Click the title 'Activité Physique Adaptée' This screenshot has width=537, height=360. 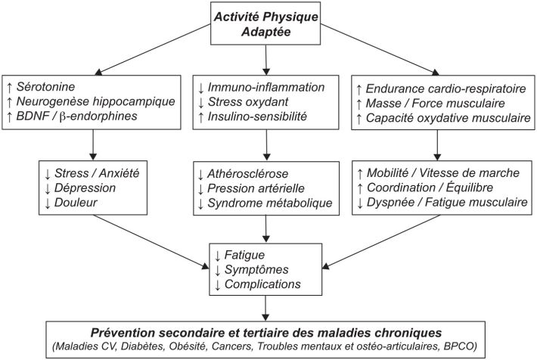267,23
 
